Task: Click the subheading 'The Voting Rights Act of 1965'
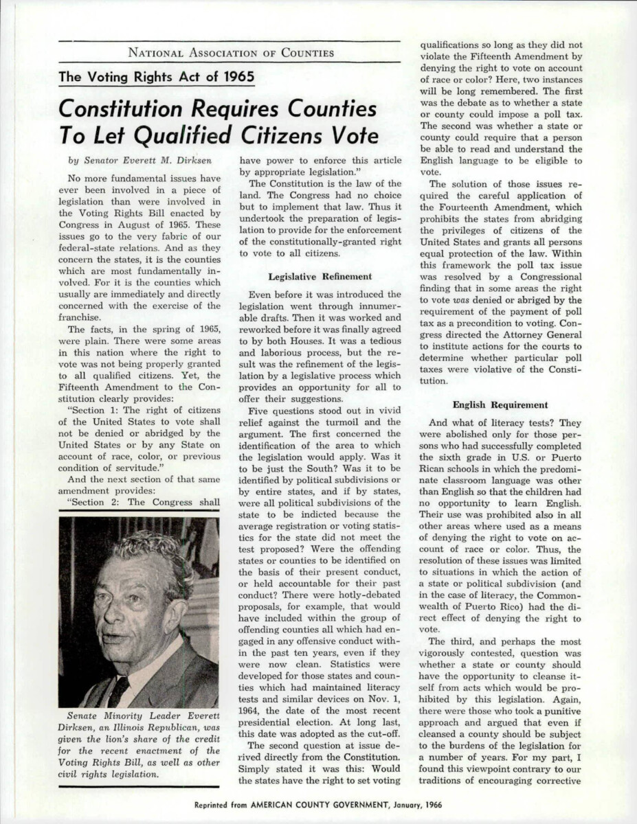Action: point(157,77)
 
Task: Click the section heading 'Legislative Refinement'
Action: point(320,277)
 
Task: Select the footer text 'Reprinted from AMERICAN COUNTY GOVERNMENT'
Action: point(288,804)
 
